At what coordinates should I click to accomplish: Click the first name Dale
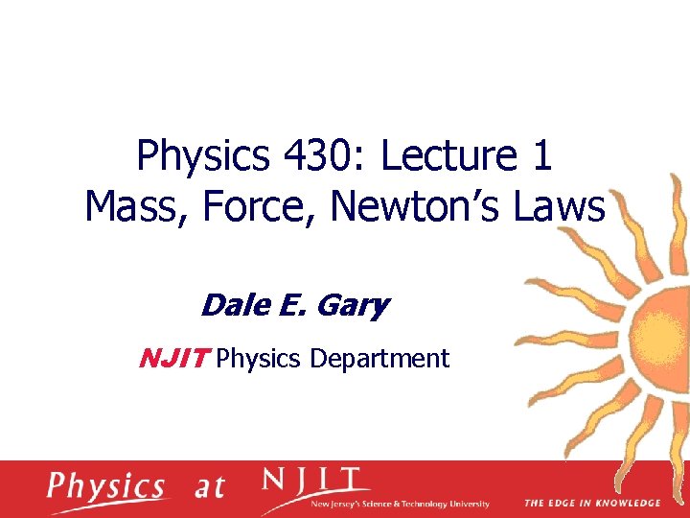(x=233, y=306)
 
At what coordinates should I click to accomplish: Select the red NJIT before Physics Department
(x=174, y=359)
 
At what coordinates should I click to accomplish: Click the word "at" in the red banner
(x=209, y=487)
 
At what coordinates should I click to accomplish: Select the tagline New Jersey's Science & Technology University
(x=401, y=504)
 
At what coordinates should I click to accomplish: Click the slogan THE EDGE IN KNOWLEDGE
(x=592, y=503)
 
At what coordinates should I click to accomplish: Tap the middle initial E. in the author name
(x=294, y=306)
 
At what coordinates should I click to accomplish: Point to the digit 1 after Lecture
(x=543, y=155)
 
